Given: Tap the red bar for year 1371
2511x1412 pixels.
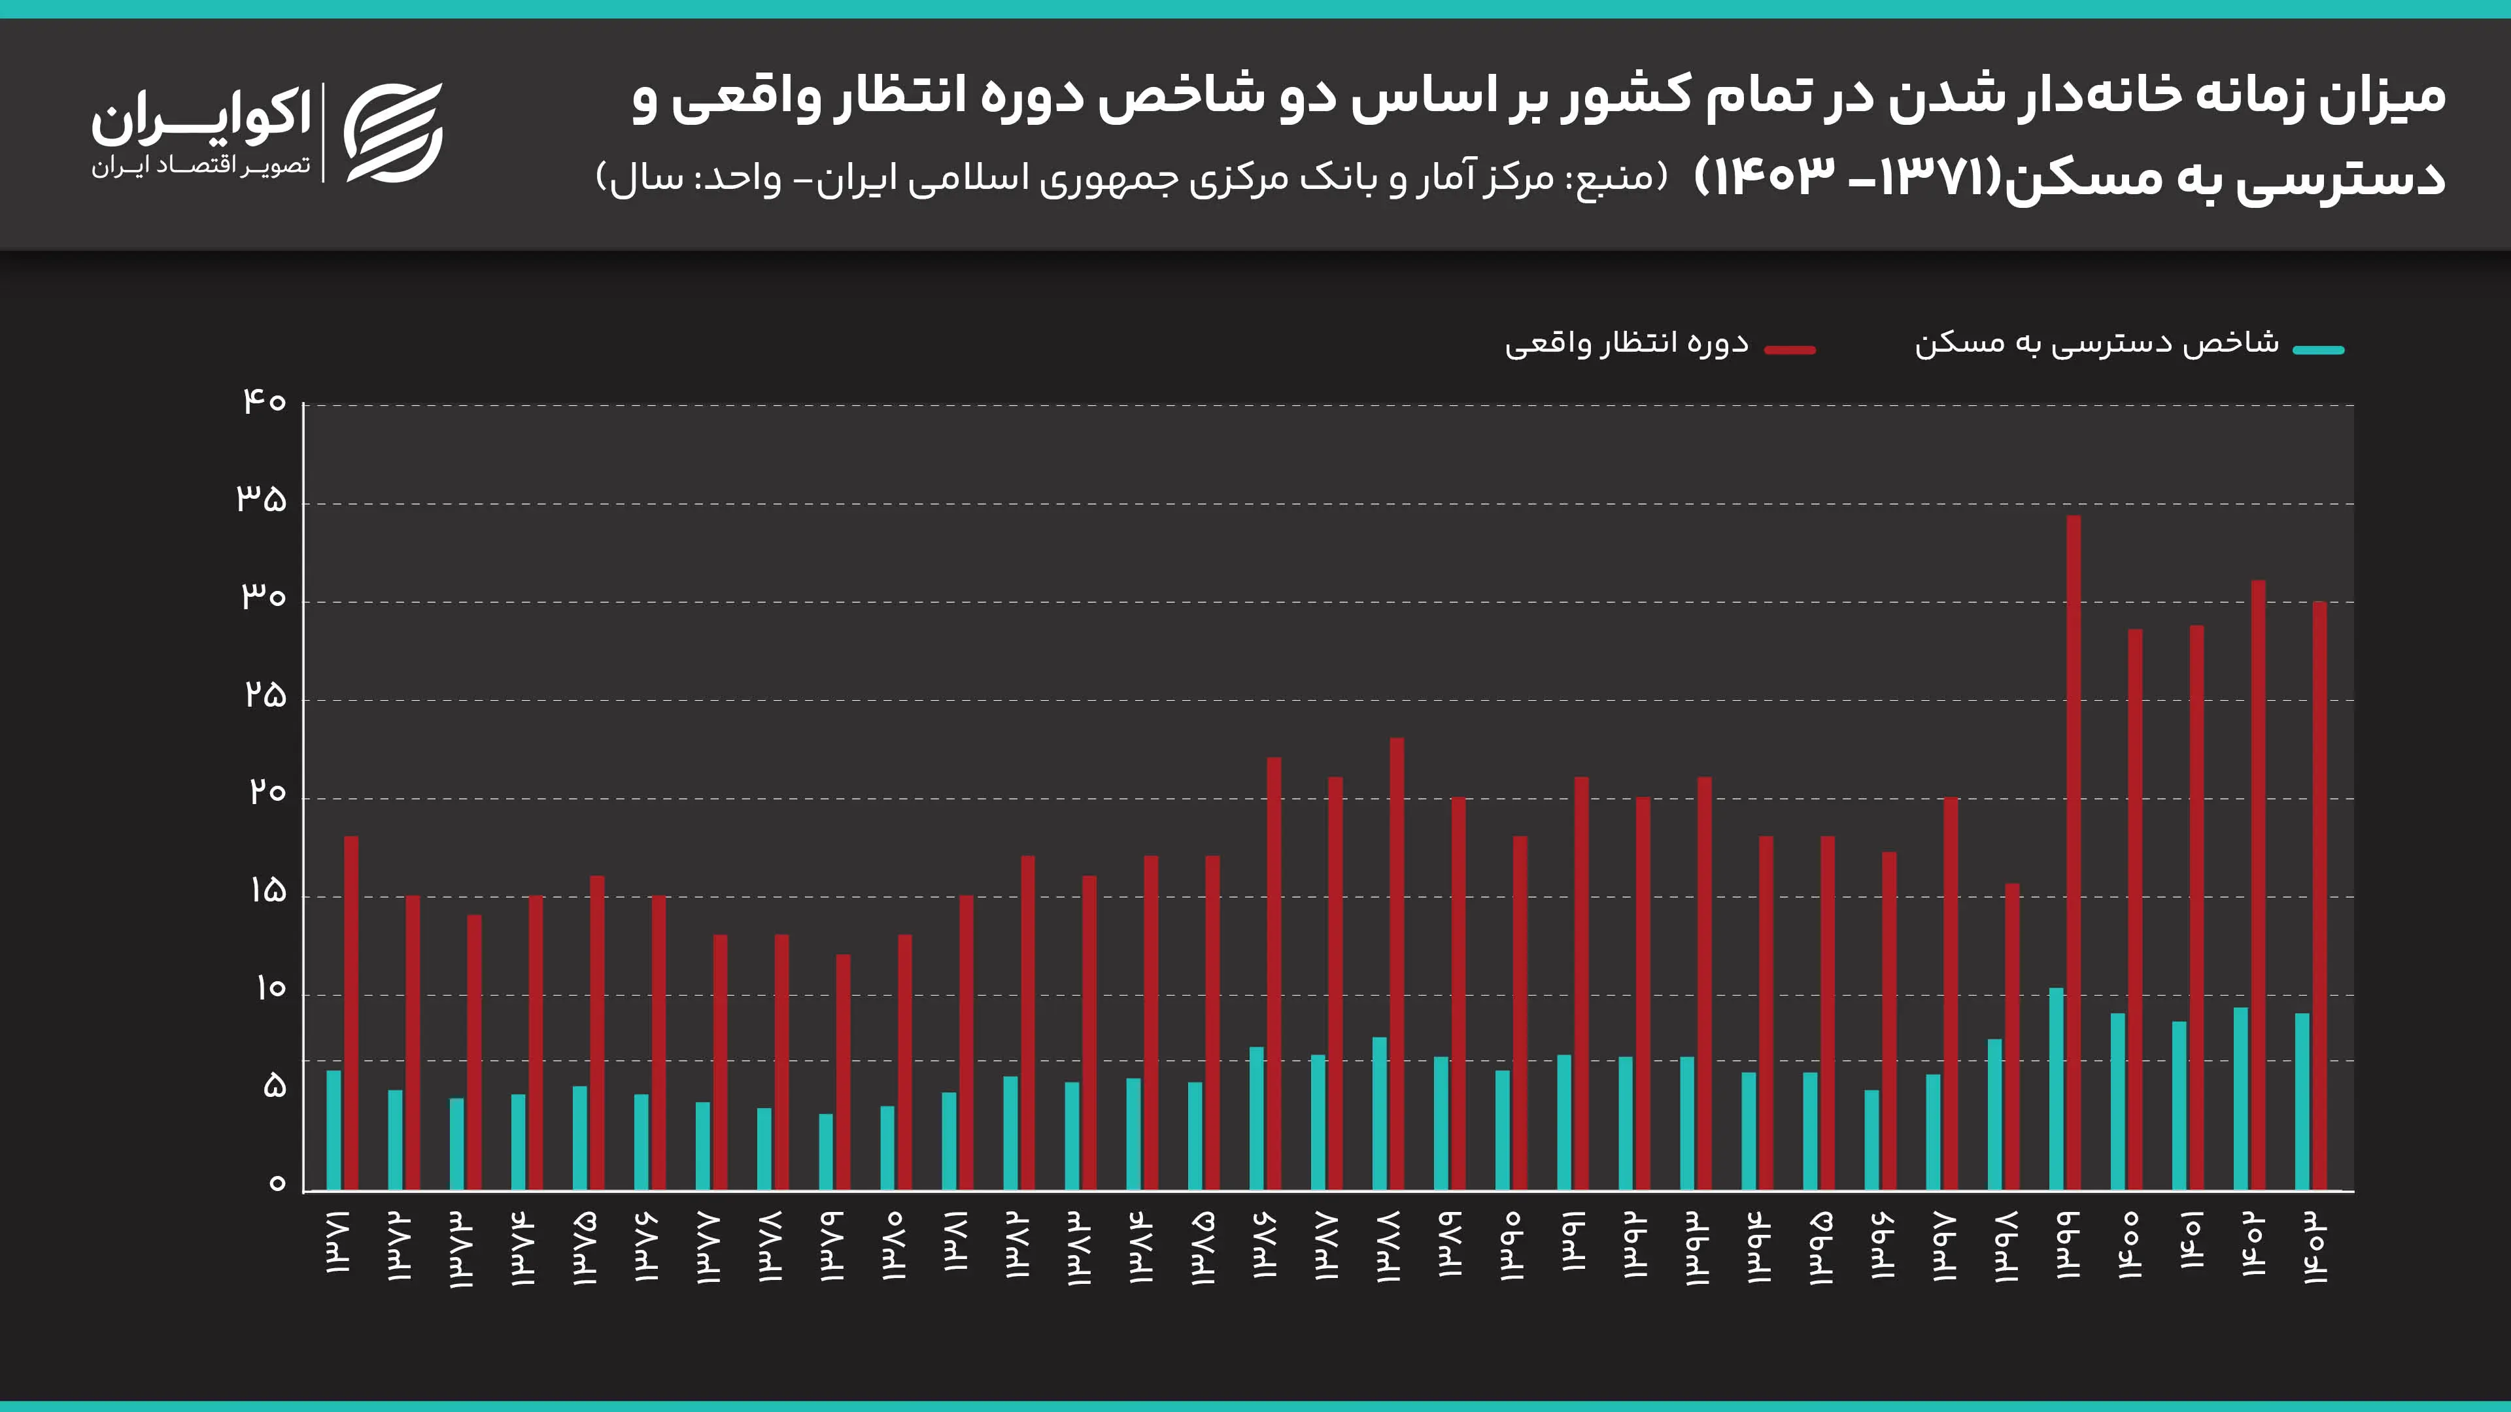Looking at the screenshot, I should pos(351,1013).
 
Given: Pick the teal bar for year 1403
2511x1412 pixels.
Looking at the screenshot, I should pos(2302,1101).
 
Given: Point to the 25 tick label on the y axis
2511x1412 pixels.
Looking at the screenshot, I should pos(265,696).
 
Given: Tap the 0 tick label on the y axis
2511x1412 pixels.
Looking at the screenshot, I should pos(277,1184).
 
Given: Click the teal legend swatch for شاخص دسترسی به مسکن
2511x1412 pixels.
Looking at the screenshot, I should pos(2318,350).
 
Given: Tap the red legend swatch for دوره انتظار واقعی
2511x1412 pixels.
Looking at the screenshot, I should pos(1790,350).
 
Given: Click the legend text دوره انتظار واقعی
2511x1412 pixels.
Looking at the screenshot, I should pos(1626,344).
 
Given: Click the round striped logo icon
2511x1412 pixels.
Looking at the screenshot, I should pos(393,133).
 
